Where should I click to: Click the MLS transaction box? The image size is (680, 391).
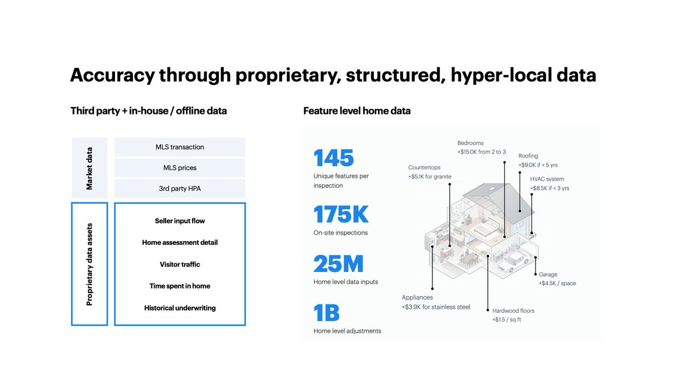[x=180, y=147]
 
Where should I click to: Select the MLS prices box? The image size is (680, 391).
[x=180, y=168]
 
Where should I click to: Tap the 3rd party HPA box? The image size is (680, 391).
[x=180, y=189]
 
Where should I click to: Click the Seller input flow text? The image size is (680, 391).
[x=180, y=221]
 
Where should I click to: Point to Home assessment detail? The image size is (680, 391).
[x=180, y=243]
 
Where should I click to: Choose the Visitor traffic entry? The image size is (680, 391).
[x=180, y=264]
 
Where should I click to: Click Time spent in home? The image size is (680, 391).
[x=180, y=286]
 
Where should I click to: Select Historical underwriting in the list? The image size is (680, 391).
[x=180, y=308]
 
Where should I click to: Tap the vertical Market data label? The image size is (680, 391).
[x=90, y=168]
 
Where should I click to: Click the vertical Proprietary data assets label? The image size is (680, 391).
[x=90, y=264]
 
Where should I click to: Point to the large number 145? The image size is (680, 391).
[x=334, y=158]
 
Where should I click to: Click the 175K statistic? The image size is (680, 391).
[x=341, y=215]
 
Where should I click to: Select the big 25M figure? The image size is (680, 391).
[x=338, y=264]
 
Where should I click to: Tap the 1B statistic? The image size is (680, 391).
[x=326, y=313]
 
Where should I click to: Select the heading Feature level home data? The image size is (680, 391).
[x=357, y=111]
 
